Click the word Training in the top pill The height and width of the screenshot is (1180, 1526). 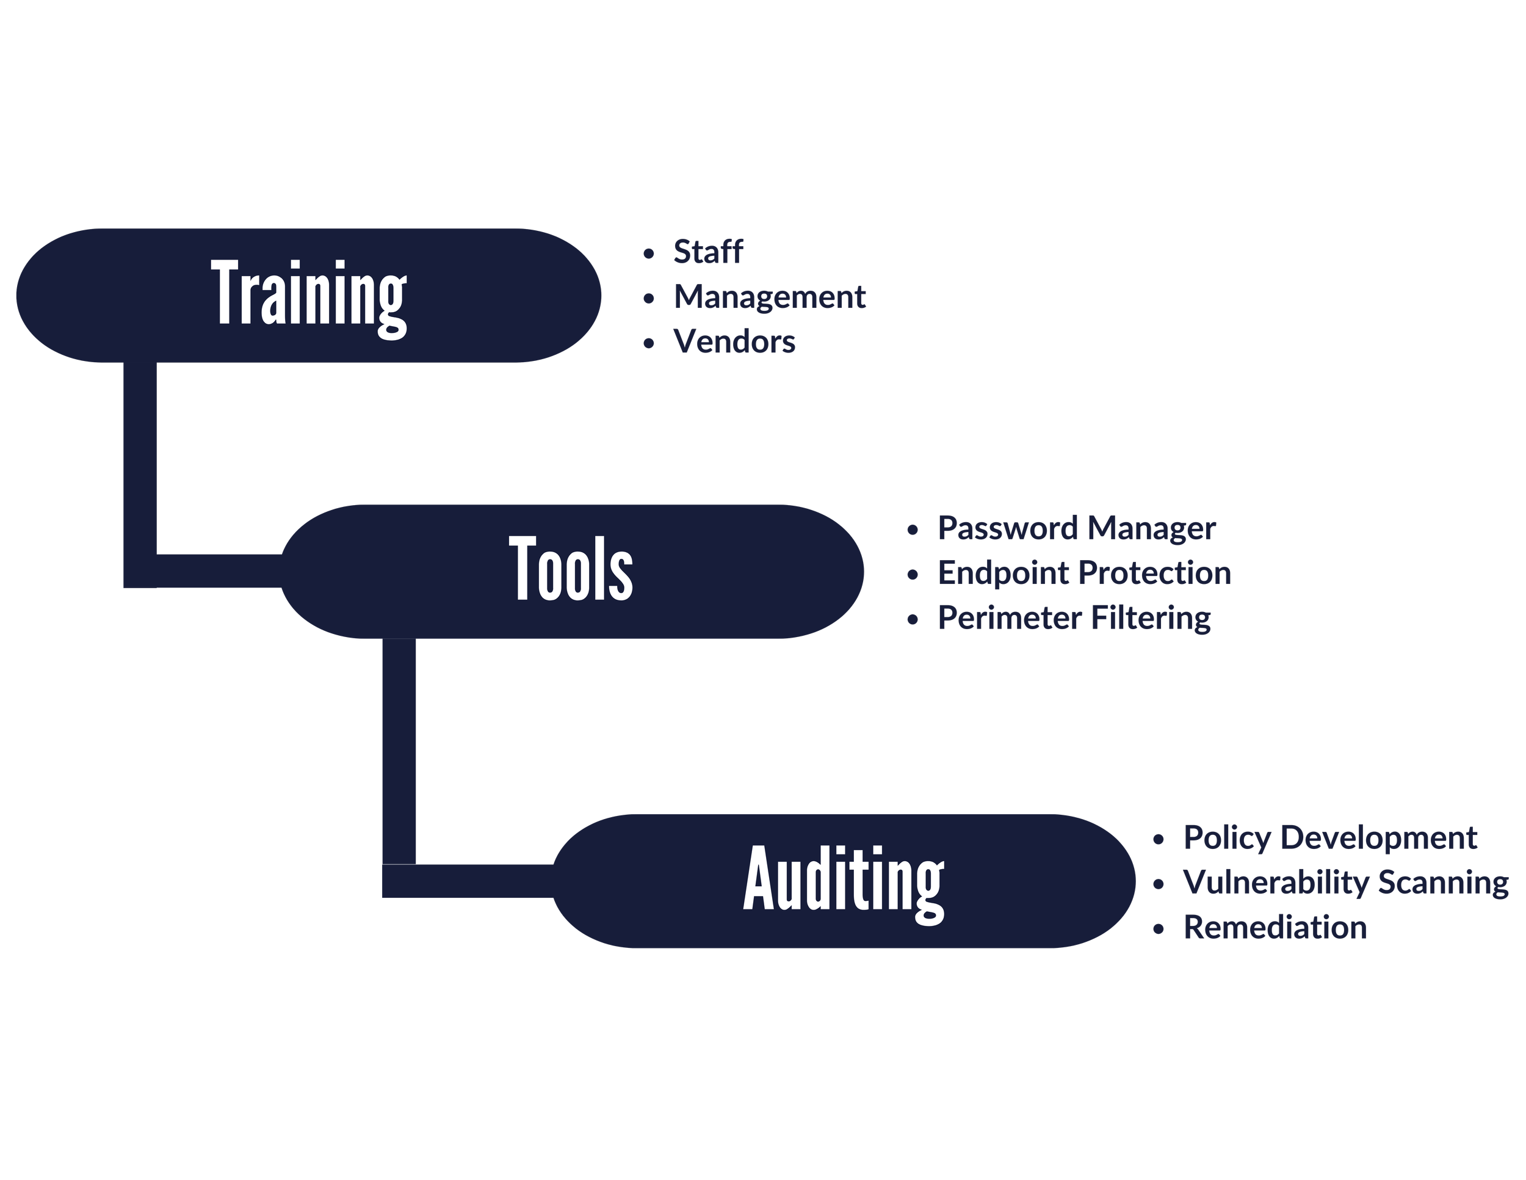308,295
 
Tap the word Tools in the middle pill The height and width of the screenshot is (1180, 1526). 571,569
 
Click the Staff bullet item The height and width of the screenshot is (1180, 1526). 708,252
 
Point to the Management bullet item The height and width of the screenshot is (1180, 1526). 769,297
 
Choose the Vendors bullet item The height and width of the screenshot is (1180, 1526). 734,342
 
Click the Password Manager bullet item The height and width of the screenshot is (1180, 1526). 1076,528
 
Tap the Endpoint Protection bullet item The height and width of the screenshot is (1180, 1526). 1083,574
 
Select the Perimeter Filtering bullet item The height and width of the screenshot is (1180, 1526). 1074,618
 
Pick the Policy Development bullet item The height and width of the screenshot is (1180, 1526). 1329,837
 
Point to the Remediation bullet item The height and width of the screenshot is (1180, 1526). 1275,928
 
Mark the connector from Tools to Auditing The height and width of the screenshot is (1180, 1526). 399,755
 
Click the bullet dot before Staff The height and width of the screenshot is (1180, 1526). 649,253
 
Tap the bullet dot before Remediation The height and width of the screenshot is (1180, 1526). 1159,929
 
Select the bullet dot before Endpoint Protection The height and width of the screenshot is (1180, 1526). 913,575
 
